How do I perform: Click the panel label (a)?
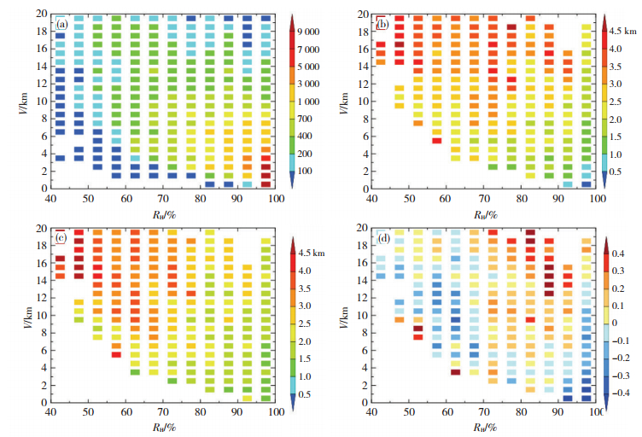point(61,24)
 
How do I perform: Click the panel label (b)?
point(382,24)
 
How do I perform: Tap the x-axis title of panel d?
point(483,428)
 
